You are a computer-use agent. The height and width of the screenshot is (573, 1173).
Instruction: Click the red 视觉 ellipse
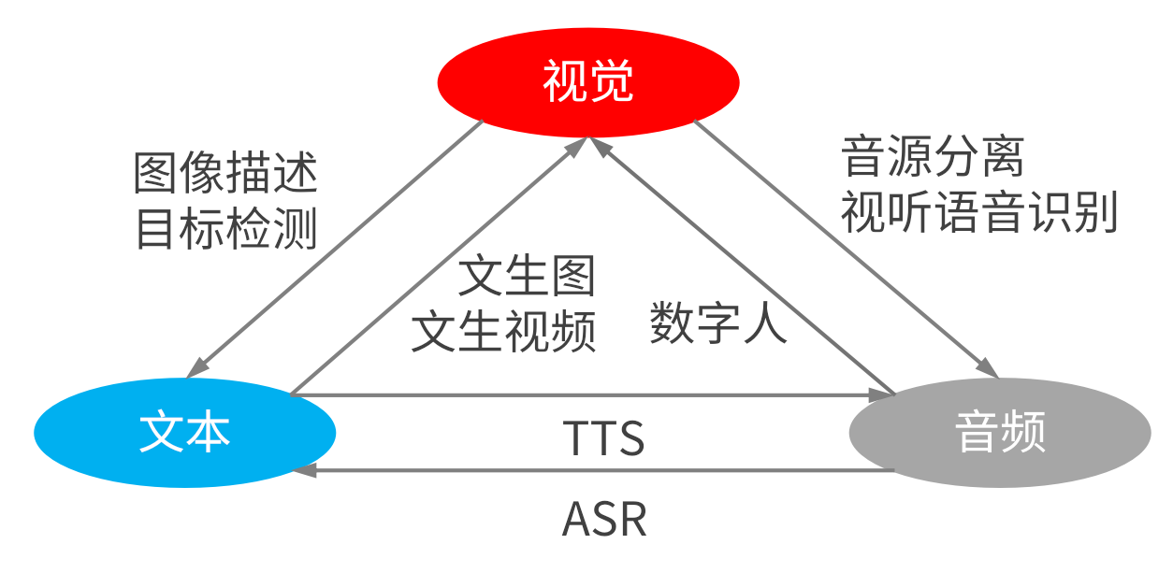pos(588,81)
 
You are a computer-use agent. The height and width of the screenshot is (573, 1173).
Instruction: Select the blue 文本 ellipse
pos(184,433)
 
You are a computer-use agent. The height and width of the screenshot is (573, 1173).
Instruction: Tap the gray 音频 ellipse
pos(999,433)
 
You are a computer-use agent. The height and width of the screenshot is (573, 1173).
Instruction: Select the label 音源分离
pos(933,156)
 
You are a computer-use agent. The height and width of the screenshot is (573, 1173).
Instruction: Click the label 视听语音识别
pos(979,213)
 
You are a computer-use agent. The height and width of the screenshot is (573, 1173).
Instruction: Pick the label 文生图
pos(527,277)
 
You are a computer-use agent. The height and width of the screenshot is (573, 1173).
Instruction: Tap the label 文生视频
pos(504,332)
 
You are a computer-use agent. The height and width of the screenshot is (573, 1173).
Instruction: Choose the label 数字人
pos(718,323)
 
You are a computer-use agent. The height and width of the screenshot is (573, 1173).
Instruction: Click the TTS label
pos(603,438)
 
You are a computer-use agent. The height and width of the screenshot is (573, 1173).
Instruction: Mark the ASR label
pos(603,520)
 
